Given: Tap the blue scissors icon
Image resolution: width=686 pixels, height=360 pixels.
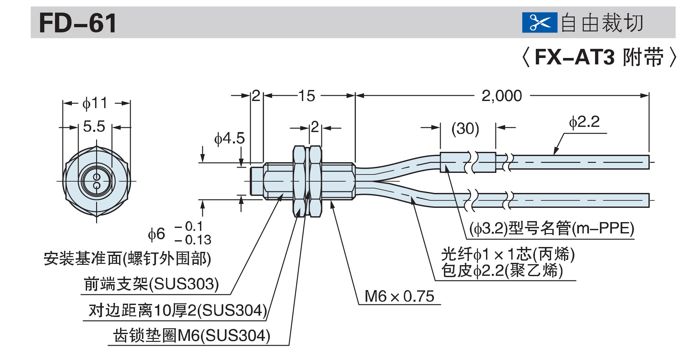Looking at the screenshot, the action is tap(539, 23).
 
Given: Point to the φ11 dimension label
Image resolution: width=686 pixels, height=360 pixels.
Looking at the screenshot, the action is tap(94, 103).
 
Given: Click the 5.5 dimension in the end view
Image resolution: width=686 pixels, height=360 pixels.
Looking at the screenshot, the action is tap(94, 127).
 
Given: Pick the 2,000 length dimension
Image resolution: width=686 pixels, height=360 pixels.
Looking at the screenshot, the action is tap(502, 96).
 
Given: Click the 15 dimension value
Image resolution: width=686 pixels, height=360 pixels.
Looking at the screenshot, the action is tap(306, 96).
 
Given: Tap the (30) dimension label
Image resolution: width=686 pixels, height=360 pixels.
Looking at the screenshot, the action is tap(465, 129).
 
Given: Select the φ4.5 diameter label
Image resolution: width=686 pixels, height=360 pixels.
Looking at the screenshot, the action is tap(229, 139).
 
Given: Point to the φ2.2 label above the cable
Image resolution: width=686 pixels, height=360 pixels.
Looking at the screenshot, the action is tap(584, 122).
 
